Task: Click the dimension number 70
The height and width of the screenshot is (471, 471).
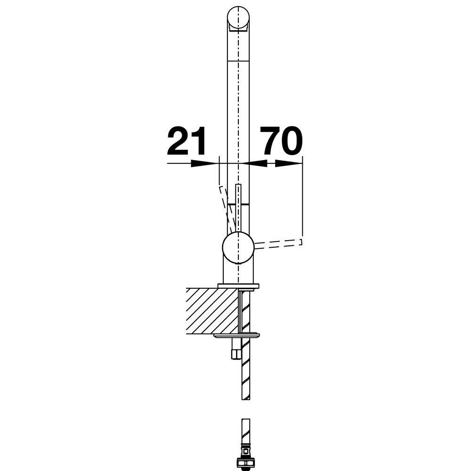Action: click(281, 140)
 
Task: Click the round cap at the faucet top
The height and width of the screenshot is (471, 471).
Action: click(238, 17)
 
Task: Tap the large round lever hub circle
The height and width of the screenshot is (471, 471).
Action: click(238, 248)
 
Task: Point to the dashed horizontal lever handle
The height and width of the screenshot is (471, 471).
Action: click(278, 244)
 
